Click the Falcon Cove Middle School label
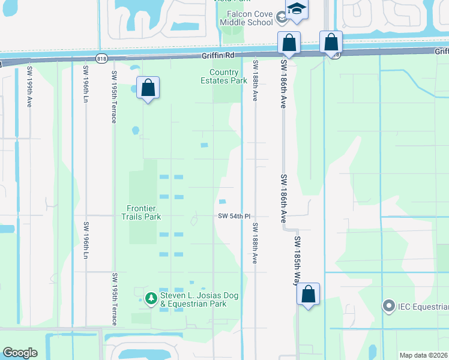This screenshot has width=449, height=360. click(x=250, y=19)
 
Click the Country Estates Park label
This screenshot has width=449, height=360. click(x=224, y=76)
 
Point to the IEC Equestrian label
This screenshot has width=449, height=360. click(x=423, y=307)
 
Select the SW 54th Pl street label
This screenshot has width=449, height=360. click(x=234, y=216)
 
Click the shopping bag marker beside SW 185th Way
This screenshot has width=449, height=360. click(x=308, y=294)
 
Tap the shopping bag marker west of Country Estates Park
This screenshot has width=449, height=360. click(x=148, y=88)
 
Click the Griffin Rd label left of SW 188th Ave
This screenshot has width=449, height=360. click(x=217, y=55)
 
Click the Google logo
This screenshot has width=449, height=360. click(x=20, y=353)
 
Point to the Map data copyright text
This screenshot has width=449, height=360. click(x=423, y=355)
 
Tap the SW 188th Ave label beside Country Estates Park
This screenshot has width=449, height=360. click(x=255, y=80)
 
